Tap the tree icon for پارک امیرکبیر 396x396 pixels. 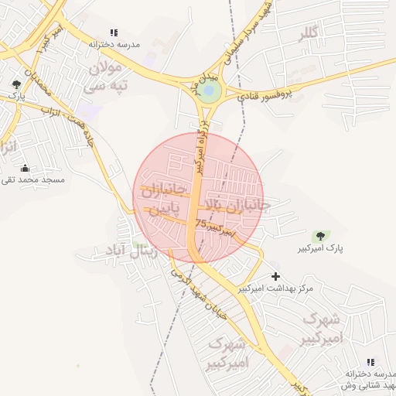(x=319, y=235)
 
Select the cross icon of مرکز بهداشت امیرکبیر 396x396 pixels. (x=275, y=276)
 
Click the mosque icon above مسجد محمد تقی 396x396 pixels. (x=25, y=169)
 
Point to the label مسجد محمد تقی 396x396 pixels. (x=33, y=180)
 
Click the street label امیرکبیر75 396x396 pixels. (x=214, y=225)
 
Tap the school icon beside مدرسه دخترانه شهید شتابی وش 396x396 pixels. (x=370, y=362)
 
